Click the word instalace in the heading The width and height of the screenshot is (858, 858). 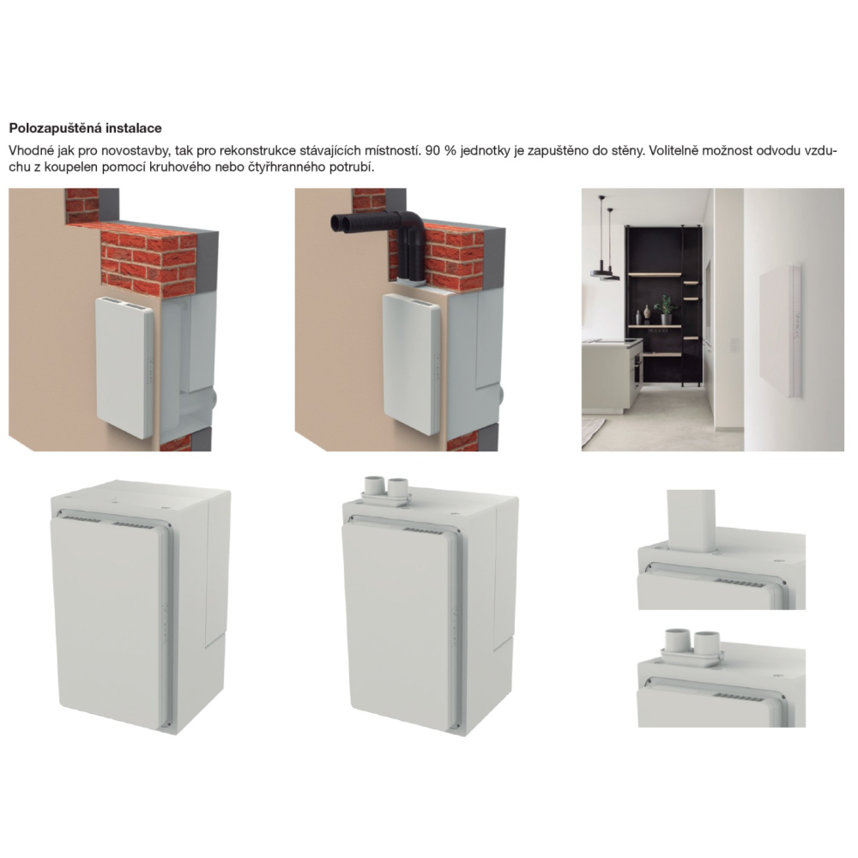click(x=134, y=129)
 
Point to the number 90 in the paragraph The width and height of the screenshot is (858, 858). click(x=432, y=150)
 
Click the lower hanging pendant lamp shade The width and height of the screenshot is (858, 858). click(x=605, y=273)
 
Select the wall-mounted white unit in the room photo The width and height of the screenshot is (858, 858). click(x=781, y=330)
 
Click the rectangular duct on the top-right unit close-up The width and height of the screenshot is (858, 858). click(x=691, y=520)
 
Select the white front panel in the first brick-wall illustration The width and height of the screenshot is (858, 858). click(x=124, y=367)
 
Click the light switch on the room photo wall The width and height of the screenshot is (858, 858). click(x=734, y=345)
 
